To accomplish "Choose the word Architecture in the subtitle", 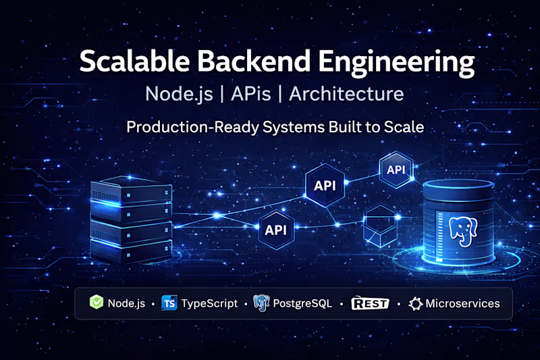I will pos(346,93).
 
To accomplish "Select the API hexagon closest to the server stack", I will pos(275,230).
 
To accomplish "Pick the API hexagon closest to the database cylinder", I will pos(396,170).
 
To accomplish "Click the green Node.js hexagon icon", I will pos(97,303).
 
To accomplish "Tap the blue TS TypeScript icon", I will pos(169,303).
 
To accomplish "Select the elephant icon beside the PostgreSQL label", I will pos(261,303).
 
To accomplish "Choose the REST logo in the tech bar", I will pos(370,303).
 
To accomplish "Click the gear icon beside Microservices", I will pos(414,303).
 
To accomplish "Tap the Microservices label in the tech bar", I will pos(462,303).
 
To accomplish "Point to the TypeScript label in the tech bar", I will pos(209,303).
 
